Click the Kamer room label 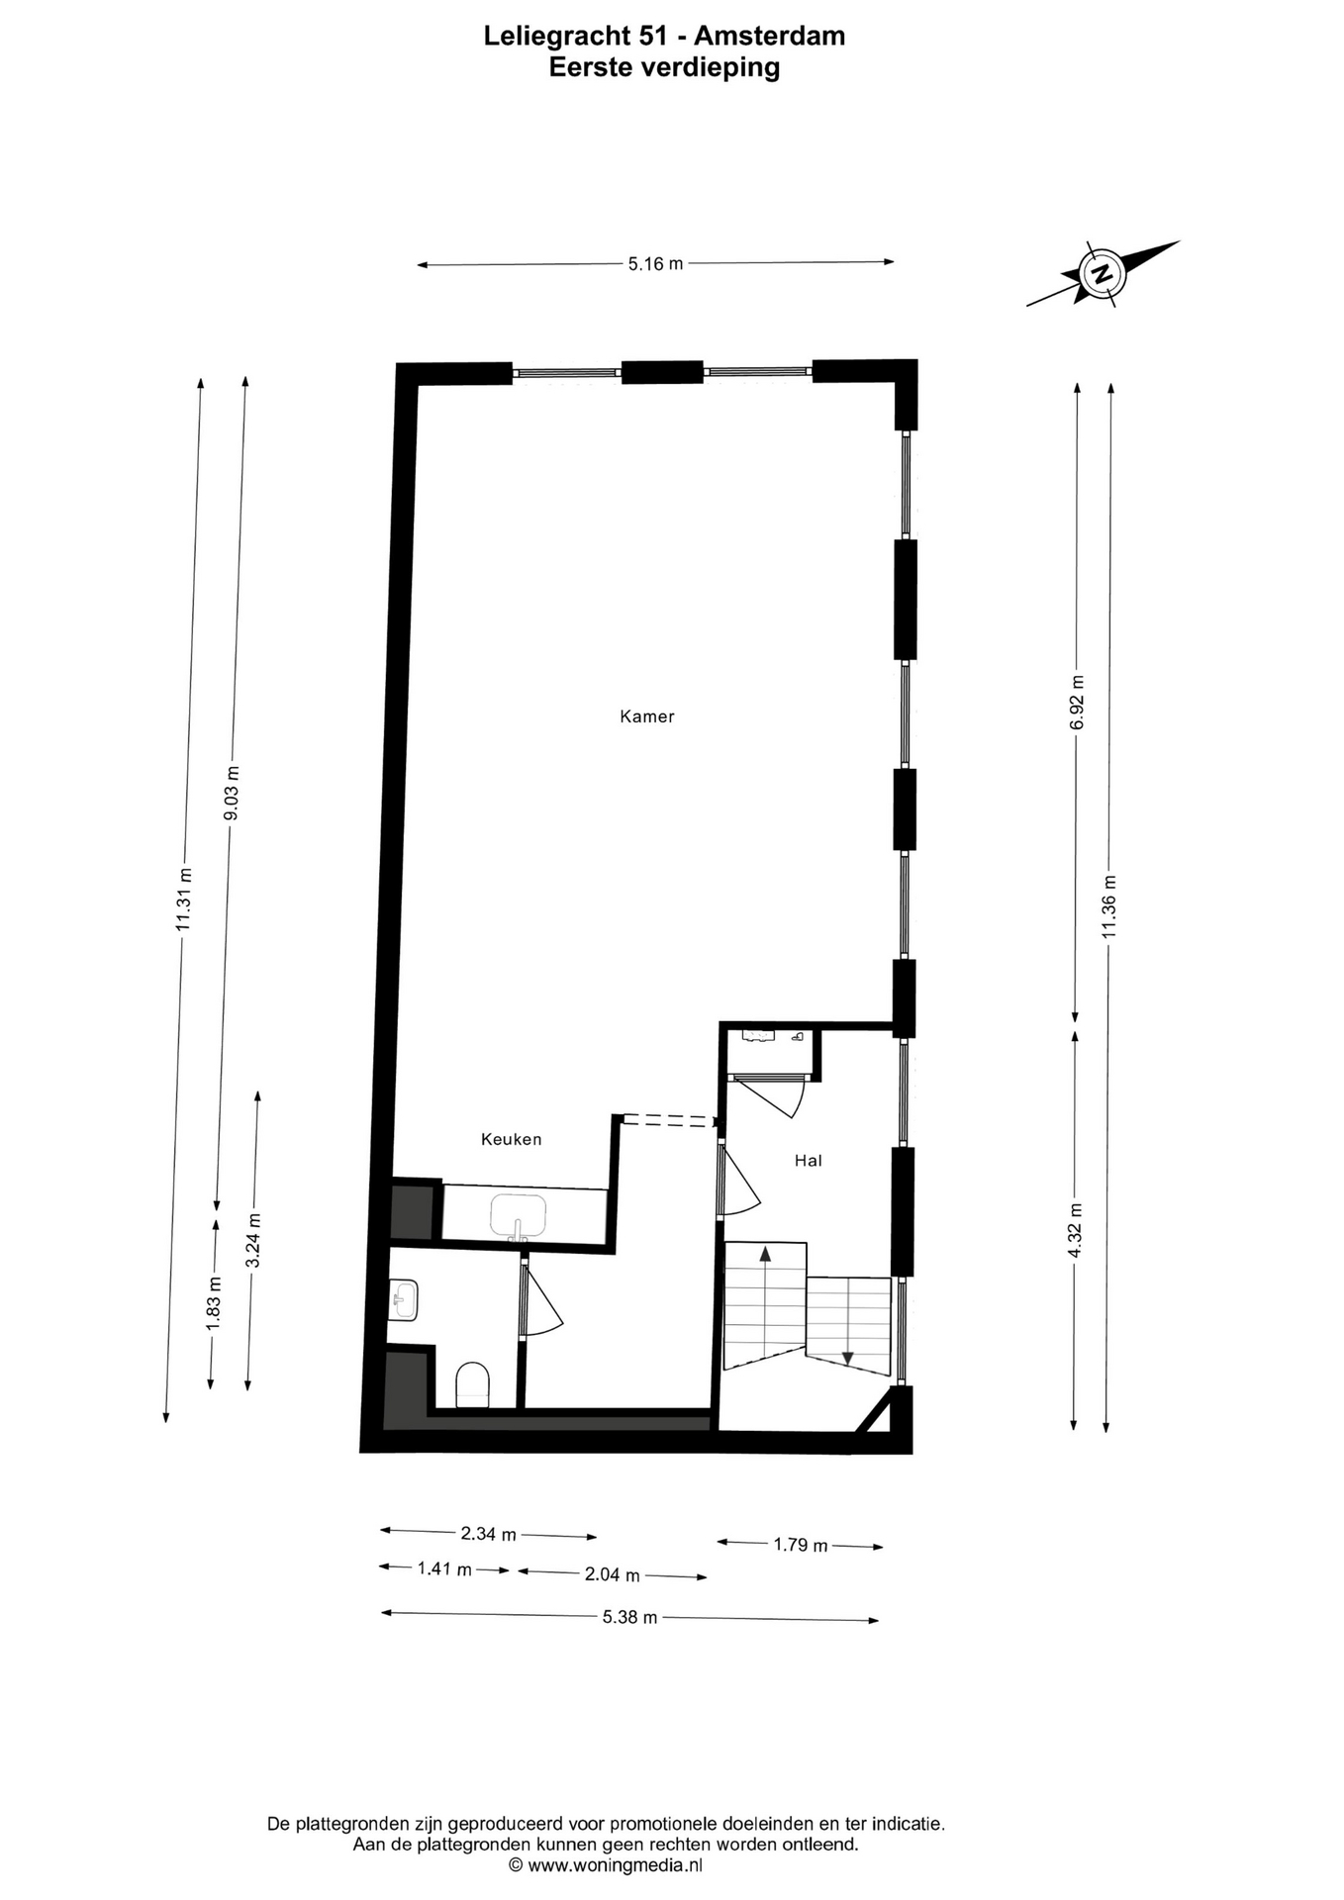pyautogui.click(x=647, y=716)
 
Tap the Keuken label pyautogui.click(x=512, y=1139)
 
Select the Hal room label pyautogui.click(x=809, y=1161)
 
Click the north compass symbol pyautogui.click(x=1102, y=272)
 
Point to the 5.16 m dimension pyautogui.click(x=655, y=263)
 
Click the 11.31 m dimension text pyautogui.click(x=183, y=899)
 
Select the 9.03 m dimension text pyautogui.click(x=232, y=794)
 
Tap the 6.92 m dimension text pyautogui.click(x=1078, y=703)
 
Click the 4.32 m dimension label pyautogui.click(x=1076, y=1230)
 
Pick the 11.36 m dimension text pyautogui.click(x=1109, y=907)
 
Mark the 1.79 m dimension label pyautogui.click(x=801, y=1545)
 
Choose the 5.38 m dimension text pyautogui.click(x=630, y=1617)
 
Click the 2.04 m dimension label pyautogui.click(x=613, y=1574)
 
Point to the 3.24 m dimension pyautogui.click(x=253, y=1241)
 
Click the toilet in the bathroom pyautogui.click(x=473, y=1384)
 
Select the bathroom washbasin pyautogui.click(x=405, y=1300)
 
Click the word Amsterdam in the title pyautogui.click(x=769, y=36)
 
